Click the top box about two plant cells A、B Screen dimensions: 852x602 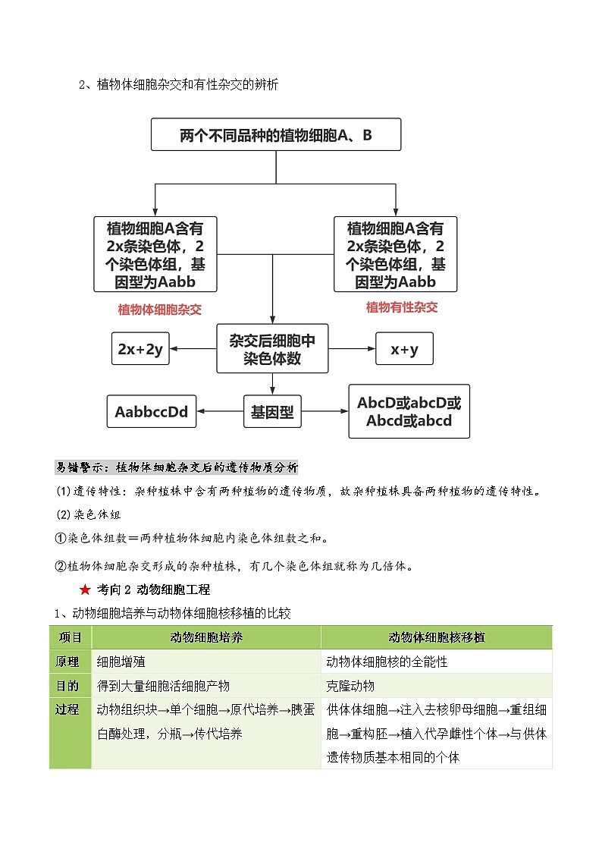[x=276, y=136]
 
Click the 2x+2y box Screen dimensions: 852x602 [x=140, y=349]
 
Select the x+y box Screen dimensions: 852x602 [x=405, y=349]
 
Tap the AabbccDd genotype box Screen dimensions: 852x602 [x=152, y=412]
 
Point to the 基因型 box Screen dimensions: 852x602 [x=272, y=413]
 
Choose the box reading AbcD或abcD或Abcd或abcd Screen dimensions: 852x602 [x=409, y=412]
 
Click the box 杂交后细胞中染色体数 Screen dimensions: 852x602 [x=272, y=349]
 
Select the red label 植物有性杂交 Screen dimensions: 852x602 [x=402, y=307]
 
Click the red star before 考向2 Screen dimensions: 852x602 [x=85, y=589]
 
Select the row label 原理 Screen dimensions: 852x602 [x=67, y=662]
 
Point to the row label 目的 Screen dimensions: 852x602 [x=67, y=686]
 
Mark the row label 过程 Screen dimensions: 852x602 [x=67, y=710]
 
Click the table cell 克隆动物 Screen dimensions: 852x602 [x=350, y=686]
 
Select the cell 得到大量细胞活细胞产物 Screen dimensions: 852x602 [x=163, y=686]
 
